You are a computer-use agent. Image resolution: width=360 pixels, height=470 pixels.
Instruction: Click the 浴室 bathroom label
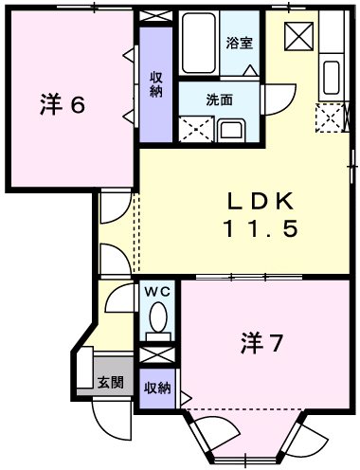click(238, 43)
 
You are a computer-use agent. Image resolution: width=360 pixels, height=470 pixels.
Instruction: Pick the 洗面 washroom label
click(220, 99)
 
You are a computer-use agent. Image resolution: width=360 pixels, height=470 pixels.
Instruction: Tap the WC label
click(156, 292)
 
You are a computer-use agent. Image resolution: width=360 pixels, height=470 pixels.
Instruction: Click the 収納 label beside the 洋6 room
click(155, 84)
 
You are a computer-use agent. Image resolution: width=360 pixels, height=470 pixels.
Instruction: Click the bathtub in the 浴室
click(199, 45)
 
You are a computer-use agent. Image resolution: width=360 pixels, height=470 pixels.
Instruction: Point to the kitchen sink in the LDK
click(332, 77)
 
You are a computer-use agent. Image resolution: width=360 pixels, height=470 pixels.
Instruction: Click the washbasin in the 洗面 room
click(231, 130)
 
